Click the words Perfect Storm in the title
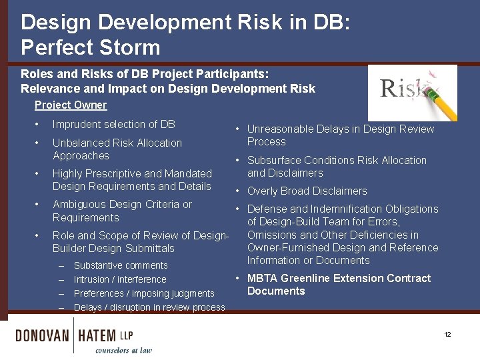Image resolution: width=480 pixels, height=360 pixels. (91, 47)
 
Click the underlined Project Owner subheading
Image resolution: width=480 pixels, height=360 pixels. (71, 105)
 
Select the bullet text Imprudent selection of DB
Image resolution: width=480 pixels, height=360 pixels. (113, 124)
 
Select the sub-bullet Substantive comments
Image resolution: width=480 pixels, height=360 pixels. (121, 265)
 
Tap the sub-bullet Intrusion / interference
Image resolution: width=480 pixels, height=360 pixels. (120, 279)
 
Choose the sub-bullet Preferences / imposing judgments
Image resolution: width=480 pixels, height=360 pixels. (144, 293)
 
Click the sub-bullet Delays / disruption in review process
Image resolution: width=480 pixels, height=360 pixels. (149, 307)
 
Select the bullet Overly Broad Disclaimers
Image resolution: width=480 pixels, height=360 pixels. (307, 191)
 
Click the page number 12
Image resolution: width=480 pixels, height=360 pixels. (448, 334)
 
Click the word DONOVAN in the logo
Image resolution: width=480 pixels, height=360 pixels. (43, 335)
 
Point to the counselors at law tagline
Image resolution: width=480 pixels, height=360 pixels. (123, 350)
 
